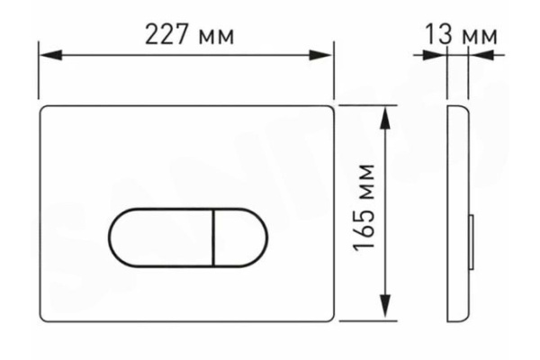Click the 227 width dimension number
point(166,34)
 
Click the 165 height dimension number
point(364,228)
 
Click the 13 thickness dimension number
point(439,34)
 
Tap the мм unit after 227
point(216,38)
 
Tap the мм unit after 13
point(480,38)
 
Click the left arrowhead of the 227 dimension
point(51,55)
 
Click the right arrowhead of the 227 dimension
point(320,55)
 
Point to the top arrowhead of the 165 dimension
point(385,118)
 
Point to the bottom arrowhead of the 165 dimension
point(385,307)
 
